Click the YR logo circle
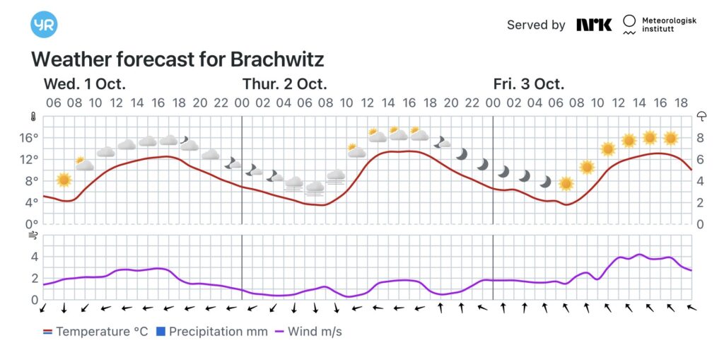(x=44, y=25)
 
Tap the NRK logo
(x=593, y=25)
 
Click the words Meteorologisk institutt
(x=668, y=25)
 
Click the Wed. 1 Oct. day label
(x=84, y=83)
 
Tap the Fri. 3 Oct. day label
(x=528, y=83)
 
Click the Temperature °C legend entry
(x=95, y=331)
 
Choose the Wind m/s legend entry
(x=308, y=331)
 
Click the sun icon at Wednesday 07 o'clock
(x=64, y=180)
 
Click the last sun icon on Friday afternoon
(x=671, y=138)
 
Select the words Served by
(x=536, y=25)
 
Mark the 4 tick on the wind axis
(x=33, y=257)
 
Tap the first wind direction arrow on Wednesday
(x=43, y=308)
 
